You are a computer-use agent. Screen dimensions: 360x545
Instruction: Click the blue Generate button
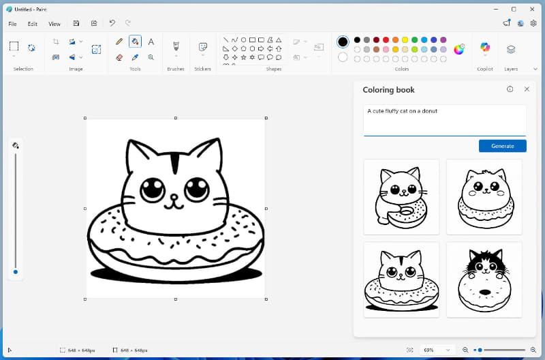(x=502, y=146)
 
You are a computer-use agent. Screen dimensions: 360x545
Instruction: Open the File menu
(x=12, y=24)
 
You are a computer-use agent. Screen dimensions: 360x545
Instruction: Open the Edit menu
(x=33, y=24)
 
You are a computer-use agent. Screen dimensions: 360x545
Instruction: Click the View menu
(x=54, y=24)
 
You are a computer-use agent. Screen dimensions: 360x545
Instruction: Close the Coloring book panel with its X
(x=527, y=89)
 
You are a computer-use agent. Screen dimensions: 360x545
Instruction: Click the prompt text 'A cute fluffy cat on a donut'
(x=402, y=110)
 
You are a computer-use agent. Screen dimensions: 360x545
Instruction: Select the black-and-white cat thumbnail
(x=484, y=279)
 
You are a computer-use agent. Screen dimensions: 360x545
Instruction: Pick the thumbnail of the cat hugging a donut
(x=401, y=196)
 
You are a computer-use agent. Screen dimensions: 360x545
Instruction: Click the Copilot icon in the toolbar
(x=484, y=48)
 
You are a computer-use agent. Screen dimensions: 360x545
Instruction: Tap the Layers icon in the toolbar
(x=511, y=49)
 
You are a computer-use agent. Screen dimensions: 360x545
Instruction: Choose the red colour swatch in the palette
(x=386, y=40)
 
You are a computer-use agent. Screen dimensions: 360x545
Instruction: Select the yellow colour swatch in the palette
(x=405, y=40)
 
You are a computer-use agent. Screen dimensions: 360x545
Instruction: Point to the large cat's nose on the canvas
(x=174, y=196)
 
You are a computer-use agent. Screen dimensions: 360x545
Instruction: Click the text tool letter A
(x=151, y=42)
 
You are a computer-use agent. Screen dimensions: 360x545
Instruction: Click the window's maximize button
(x=514, y=9)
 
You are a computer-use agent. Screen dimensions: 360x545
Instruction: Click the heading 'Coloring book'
(x=388, y=90)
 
